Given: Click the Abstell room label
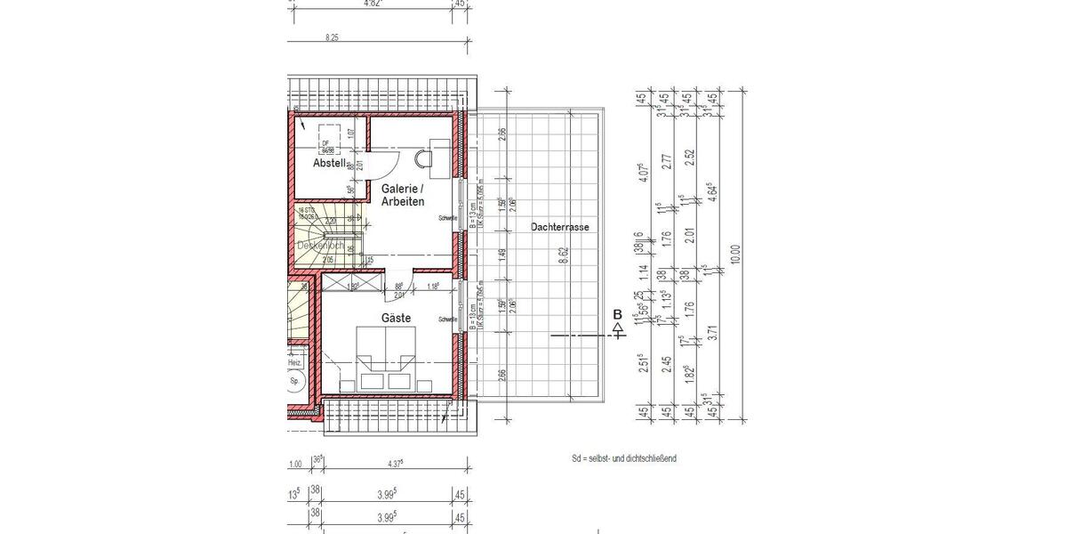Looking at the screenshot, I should pyautogui.click(x=328, y=164).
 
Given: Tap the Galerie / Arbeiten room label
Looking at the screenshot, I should pyautogui.click(x=403, y=196).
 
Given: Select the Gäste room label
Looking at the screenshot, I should pyautogui.click(x=397, y=319).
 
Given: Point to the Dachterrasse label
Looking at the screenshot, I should pyautogui.click(x=559, y=228).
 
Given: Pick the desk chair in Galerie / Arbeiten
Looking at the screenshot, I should pyautogui.click(x=423, y=158).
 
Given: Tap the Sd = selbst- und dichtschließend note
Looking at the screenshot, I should pyautogui.click(x=624, y=458).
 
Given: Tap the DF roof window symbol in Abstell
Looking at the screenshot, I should pyautogui.click(x=326, y=143).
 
